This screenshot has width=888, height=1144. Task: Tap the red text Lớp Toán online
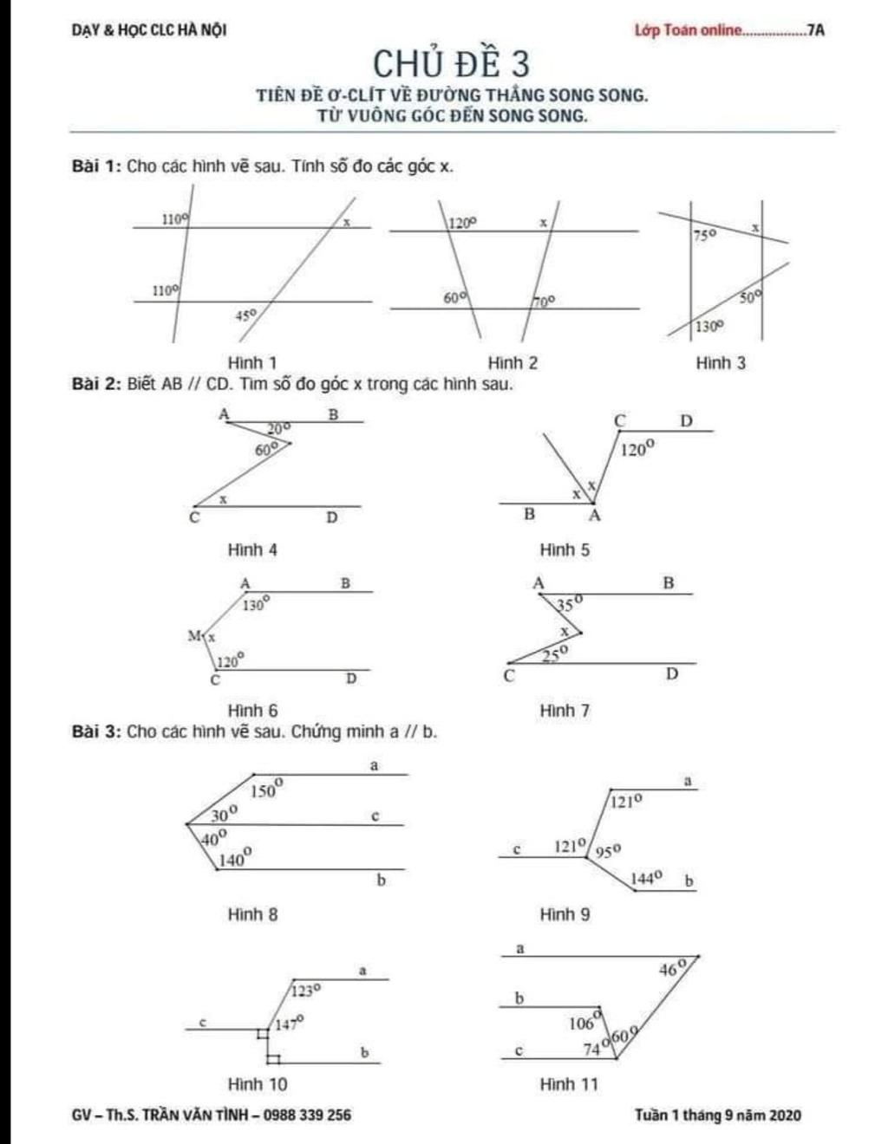click(x=689, y=30)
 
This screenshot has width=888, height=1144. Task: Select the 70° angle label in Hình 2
click(x=544, y=301)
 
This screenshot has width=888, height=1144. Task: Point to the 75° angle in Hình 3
click(x=704, y=235)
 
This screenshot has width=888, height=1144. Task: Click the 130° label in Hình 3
click(x=708, y=327)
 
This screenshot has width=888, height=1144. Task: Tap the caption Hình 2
click(x=513, y=363)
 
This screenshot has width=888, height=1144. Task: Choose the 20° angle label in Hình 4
click(x=278, y=427)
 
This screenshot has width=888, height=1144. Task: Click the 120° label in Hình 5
click(x=637, y=449)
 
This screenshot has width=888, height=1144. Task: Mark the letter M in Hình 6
click(x=194, y=636)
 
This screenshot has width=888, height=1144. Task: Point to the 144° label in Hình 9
click(x=647, y=879)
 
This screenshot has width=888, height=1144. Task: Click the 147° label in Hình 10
click(x=289, y=1024)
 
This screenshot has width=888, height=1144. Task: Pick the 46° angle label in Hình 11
click(x=672, y=969)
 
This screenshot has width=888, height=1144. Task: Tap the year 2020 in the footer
click(x=784, y=1115)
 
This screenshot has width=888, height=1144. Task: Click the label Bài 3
click(x=95, y=731)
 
